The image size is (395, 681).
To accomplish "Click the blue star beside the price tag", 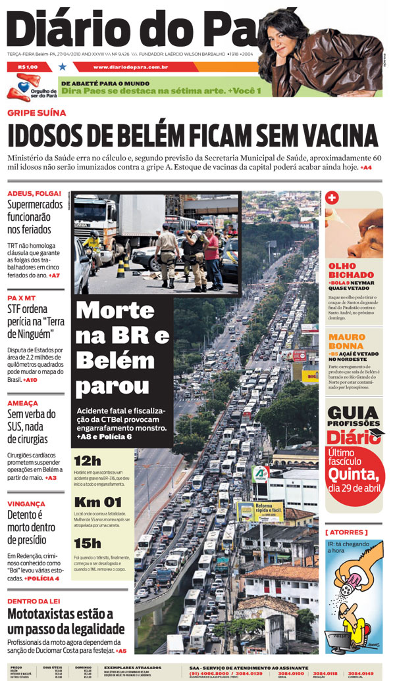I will tap(63, 66).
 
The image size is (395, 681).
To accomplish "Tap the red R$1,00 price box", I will tap(28, 66).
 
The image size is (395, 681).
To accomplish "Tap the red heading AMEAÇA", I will tap(23, 403).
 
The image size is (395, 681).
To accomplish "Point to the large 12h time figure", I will tap(88, 460).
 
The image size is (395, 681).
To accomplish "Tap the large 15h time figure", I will tap(88, 544).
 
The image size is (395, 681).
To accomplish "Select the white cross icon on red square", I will tap(332, 198).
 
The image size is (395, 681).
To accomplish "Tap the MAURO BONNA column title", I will tap(347, 342).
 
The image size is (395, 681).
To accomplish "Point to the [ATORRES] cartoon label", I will tap(346, 532).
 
